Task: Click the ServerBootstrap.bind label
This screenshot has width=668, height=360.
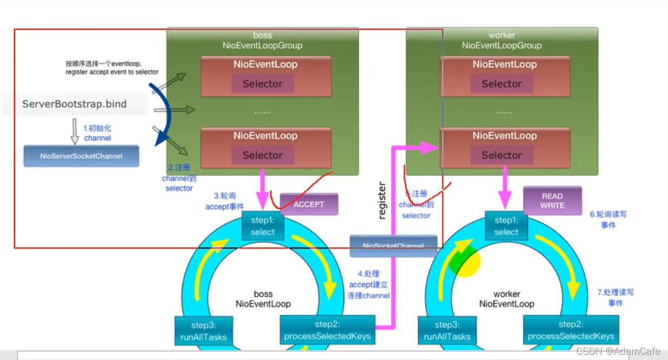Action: click(74, 104)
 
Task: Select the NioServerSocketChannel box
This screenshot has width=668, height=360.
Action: click(81, 156)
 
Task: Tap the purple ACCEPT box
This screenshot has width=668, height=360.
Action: click(309, 204)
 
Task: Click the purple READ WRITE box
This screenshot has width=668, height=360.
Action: click(552, 200)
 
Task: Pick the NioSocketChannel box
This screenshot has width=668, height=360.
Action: click(393, 246)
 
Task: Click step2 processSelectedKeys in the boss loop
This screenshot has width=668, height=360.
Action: click(327, 330)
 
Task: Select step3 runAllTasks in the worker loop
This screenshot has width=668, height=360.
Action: click(447, 331)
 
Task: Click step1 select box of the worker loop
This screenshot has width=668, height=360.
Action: click(506, 226)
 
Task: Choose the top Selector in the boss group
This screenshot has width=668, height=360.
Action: click(263, 83)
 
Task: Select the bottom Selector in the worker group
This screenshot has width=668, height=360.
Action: click(502, 155)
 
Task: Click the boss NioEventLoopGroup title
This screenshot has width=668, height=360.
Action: click(262, 40)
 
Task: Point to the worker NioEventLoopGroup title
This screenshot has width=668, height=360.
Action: click(502, 40)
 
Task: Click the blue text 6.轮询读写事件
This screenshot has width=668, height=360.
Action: click(608, 219)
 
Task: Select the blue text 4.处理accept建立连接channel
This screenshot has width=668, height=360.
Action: click(369, 284)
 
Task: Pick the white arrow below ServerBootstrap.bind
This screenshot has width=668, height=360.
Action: click(75, 131)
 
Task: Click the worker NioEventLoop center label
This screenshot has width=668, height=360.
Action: click(506, 299)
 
